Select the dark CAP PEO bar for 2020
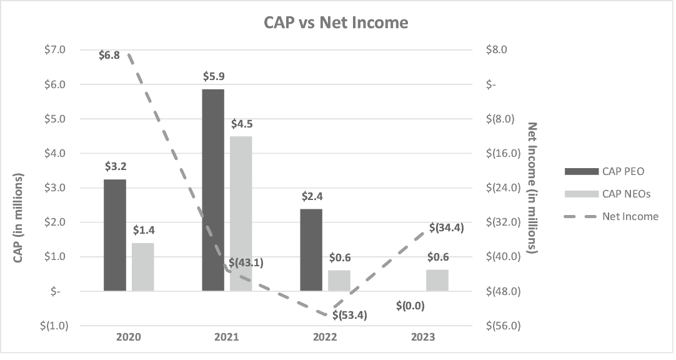coord(115,235)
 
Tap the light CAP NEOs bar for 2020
coord(142,267)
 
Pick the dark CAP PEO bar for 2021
coord(213,190)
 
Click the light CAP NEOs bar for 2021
coord(241,213)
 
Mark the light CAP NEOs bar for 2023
coord(437,280)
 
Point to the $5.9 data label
coord(214,76)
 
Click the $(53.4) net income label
coord(349,315)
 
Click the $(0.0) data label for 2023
coord(410,306)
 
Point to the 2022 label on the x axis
coord(325,336)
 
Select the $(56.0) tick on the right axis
coord(499,326)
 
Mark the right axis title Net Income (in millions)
coord(532,187)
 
